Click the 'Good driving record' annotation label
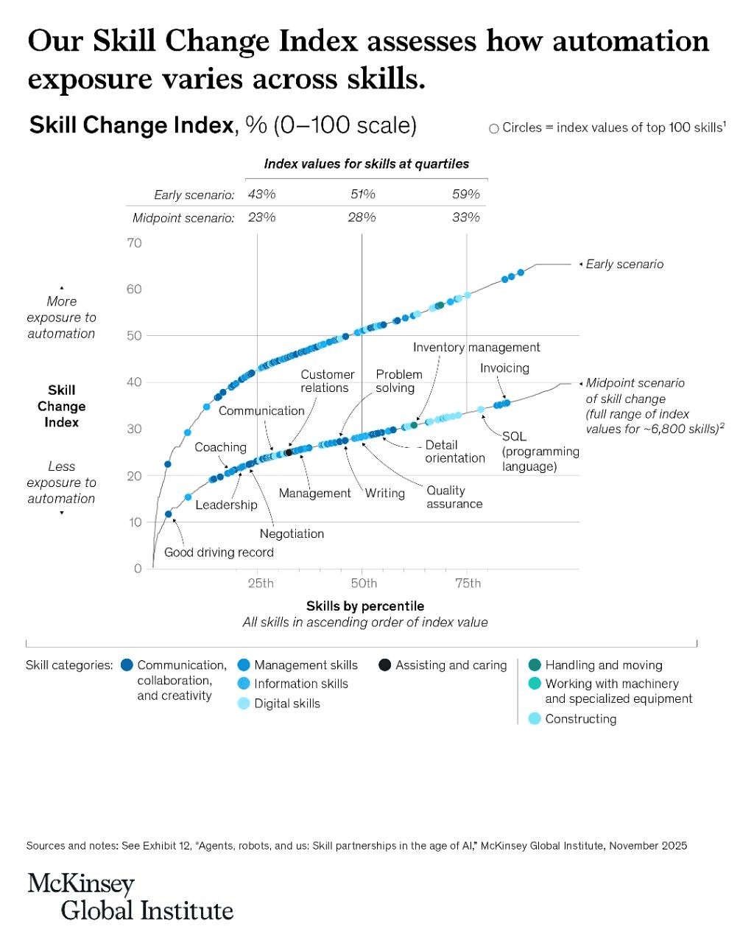(x=219, y=553)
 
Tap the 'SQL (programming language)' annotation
(x=540, y=452)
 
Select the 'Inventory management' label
(x=476, y=347)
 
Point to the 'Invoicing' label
(x=504, y=368)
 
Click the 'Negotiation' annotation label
(x=292, y=533)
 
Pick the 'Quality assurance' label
(x=454, y=497)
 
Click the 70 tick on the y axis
(x=134, y=243)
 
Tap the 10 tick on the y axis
(x=134, y=522)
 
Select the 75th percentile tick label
(x=468, y=583)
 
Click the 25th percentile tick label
(x=260, y=583)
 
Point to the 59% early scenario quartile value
(x=466, y=194)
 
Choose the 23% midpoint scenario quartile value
(x=261, y=217)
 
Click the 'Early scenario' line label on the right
(x=624, y=264)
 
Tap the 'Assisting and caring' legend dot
(x=384, y=665)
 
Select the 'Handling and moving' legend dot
(x=535, y=665)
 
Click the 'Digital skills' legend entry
(x=287, y=704)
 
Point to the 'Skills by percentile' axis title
(x=365, y=606)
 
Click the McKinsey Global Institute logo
(x=130, y=897)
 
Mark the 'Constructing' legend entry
(x=580, y=718)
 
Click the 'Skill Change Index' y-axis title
(x=62, y=406)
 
